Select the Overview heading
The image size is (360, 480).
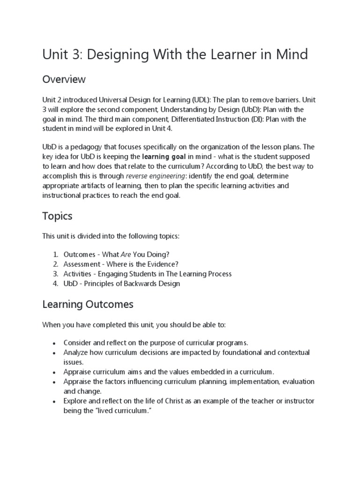pyautogui.click(x=64, y=79)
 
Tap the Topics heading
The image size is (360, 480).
pyautogui.click(x=57, y=216)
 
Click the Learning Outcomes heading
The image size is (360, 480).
pyautogui.click(x=88, y=304)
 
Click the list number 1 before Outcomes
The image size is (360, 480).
pyautogui.click(x=55, y=254)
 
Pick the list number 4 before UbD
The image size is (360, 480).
pyautogui.click(x=55, y=284)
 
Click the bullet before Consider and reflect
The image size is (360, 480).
pyautogui.click(x=54, y=343)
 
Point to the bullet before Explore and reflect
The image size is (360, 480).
pyautogui.click(x=54, y=402)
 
